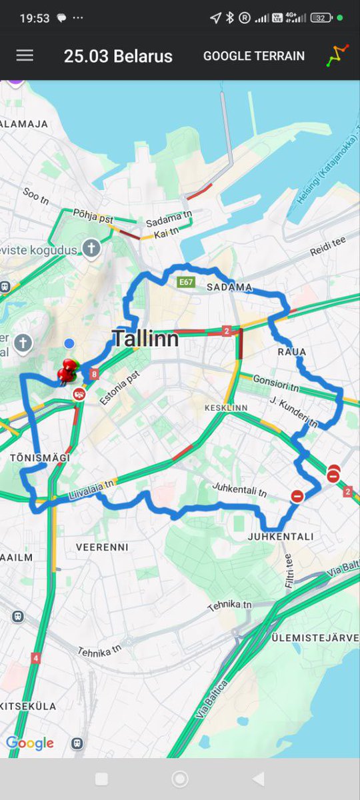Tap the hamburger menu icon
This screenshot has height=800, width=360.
pyautogui.click(x=25, y=55)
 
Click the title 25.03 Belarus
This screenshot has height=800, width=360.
pyautogui.click(x=118, y=56)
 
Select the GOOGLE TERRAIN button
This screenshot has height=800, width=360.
pyautogui.click(x=253, y=56)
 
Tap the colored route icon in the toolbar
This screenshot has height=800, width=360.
pyautogui.click(x=337, y=55)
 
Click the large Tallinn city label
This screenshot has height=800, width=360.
pyautogui.click(x=145, y=338)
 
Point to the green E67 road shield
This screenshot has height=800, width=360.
pyautogui.click(x=186, y=283)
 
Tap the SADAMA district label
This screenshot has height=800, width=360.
pyautogui.click(x=229, y=287)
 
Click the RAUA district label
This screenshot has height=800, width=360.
pyautogui.click(x=292, y=351)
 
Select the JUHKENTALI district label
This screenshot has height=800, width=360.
pyautogui.click(x=280, y=536)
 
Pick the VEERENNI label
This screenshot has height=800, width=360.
pyautogui.click(x=102, y=547)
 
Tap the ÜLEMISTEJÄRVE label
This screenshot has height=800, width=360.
pyautogui.click(x=315, y=638)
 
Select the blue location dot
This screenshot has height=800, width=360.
pyautogui.click(x=69, y=343)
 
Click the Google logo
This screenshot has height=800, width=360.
pyautogui.click(x=30, y=743)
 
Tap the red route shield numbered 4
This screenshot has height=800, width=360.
pyautogui.click(x=35, y=658)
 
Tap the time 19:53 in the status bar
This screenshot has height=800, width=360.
pyautogui.click(x=35, y=18)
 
